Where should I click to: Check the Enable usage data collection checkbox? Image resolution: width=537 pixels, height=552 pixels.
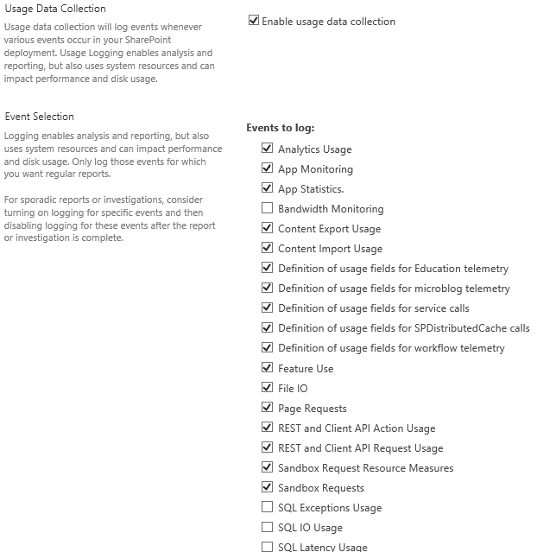click(x=254, y=21)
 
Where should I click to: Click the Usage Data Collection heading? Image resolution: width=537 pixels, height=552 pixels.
click(x=55, y=9)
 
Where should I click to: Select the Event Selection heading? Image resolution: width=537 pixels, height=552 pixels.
click(x=40, y=117)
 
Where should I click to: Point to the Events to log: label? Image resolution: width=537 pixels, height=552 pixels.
click(x=281, y=128)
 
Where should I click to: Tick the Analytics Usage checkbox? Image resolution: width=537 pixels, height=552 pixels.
click(x=267, y=149)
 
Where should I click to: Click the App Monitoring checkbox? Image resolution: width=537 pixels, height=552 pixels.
click(x=267, y=168)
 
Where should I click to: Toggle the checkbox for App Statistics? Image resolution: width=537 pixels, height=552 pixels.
click(x=267, y=188)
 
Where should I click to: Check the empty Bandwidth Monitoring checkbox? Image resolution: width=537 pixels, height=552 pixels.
click(x=267, y=208)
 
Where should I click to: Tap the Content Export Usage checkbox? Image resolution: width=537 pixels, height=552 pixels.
click(x=267, y=228)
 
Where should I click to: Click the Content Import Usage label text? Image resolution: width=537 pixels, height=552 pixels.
click(x=330, y=249)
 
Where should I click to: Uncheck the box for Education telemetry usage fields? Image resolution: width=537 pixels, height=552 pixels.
click(x=267, y=268)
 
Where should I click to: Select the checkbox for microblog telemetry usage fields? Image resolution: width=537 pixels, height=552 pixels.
click(x=267, y=288)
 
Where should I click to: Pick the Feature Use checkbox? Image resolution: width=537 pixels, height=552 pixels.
click(x=267, y=368)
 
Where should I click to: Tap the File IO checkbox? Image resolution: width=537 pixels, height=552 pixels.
click(x=267, y=388)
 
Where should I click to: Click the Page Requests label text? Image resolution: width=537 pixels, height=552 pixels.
click(x=312, y=409)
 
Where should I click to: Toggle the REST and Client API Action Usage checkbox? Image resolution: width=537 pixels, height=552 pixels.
click(x=267, y=428)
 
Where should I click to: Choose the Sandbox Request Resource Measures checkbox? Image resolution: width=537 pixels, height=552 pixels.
click(x=267, y=467)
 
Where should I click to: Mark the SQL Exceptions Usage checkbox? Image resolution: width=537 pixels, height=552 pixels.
click(x=267, y=507)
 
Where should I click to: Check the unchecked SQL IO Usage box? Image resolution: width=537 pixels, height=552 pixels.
click(x=267, y=527)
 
